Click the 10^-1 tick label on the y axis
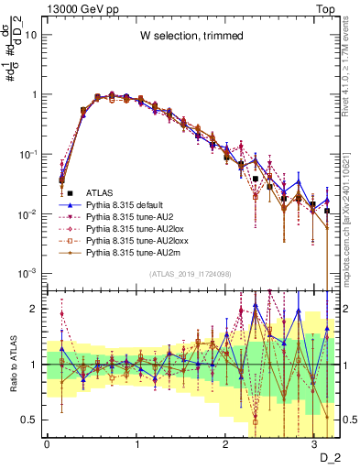point(27,154)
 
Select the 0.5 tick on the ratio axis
point(30,420)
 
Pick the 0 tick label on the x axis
point(47,442)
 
